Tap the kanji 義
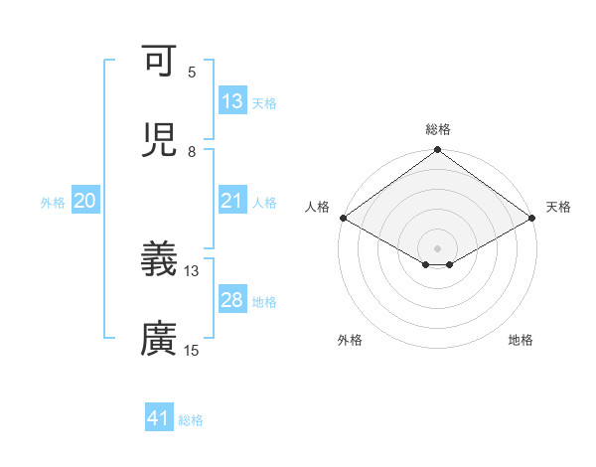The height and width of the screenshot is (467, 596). pyautogui.click(x=159, y=260)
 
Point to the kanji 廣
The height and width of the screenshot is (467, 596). pyautogui.click(x=159, y=340)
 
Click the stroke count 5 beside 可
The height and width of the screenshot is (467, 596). pyautogui.click(x=192, y=73)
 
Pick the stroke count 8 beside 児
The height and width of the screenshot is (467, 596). pyautogui.click(x=192, y=152)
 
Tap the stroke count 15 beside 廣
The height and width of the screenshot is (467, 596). pyautogui.click(x=192, y=350)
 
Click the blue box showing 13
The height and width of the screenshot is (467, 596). pyautogui.click(x=232, y=101)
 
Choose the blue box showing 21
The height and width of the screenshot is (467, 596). pyautogui.click(x=232, y=202)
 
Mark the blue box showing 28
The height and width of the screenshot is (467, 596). pyautogui.click(x=232, y=300)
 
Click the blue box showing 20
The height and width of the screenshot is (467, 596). pyautogui.click(x=85, y=202)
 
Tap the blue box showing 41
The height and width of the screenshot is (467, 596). pyautogui.click(x=159, y=419)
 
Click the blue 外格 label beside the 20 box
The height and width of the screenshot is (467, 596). pyautogui.click(x=53, y=203)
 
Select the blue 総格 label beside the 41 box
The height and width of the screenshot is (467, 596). pyautogui.click(x=191, y=420)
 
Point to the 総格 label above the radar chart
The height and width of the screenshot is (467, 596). pyautogui.click(x=438, y=129)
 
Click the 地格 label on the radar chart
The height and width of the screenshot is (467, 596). pyautogui.click(x=521, y=340)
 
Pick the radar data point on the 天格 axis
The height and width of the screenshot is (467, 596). pyautogui.click(x=532, y=219)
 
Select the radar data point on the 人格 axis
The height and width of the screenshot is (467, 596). pyautogui.click(x=343, y=219)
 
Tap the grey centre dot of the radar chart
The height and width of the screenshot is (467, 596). pyautogui.click(x=438, y=247)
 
